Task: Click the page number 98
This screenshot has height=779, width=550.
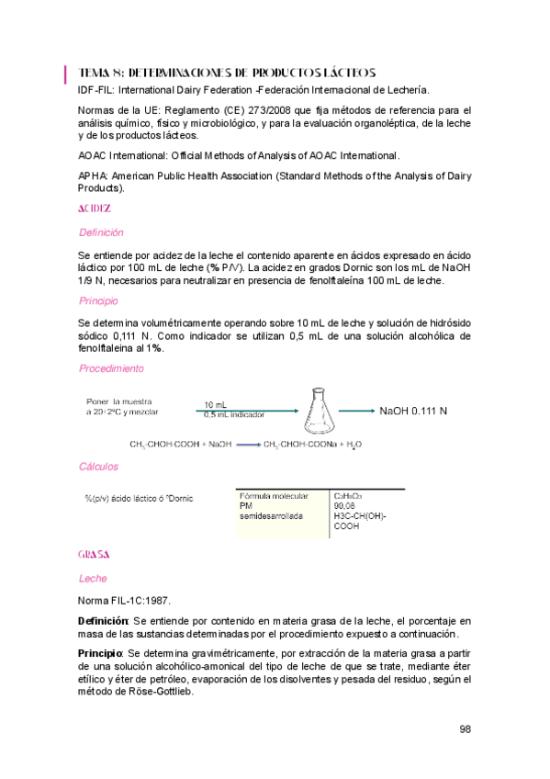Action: click(465, 729)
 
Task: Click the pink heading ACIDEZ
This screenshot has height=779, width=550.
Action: click(95, 209)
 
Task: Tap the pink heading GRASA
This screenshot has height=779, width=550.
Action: click(95, 555)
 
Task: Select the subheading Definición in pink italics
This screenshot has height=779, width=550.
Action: click(101, 232)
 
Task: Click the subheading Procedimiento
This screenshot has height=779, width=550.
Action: click(111, 368)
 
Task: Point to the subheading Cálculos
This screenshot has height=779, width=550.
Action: click(98, 467)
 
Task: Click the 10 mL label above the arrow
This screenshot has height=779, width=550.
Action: click(216, 405)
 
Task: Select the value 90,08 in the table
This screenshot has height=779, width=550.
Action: click(345, 505)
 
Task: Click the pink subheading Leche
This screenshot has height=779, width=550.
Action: click(93, 579)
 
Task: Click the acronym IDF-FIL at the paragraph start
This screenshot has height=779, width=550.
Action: click(96, 90)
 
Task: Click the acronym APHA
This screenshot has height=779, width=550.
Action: click(94, 175)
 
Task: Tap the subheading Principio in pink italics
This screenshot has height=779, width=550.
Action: click(98, 300)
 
